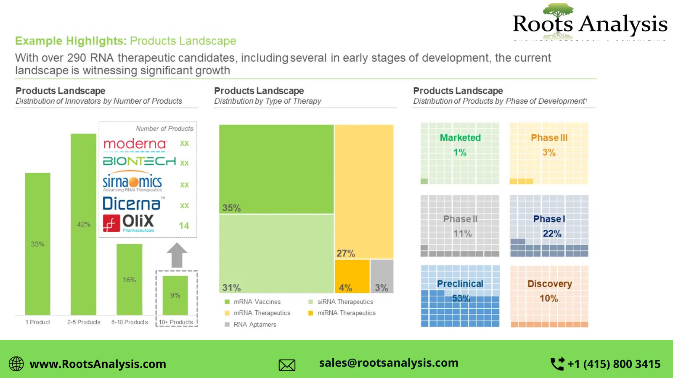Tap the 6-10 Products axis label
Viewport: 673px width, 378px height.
(130, 322)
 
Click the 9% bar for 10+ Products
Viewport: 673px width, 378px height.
(175, 295)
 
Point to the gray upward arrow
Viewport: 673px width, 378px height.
(177, 255)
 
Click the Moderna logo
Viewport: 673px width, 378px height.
(135, 144)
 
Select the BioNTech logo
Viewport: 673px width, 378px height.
(139, 161)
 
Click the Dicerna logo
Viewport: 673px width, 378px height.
(132, 204)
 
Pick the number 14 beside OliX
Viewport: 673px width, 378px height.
(184, 226)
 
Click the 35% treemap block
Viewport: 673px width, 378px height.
(276, 169)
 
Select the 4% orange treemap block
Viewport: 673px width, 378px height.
(352, 276)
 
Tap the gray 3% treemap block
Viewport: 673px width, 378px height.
(382, 276)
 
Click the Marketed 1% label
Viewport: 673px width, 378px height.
(460, 145)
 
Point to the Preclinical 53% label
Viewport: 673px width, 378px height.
(460, 291)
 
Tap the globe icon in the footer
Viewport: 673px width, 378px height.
(16, 364)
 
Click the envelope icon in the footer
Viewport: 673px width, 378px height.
(287, 365)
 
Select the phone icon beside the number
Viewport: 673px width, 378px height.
(557, 364)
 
